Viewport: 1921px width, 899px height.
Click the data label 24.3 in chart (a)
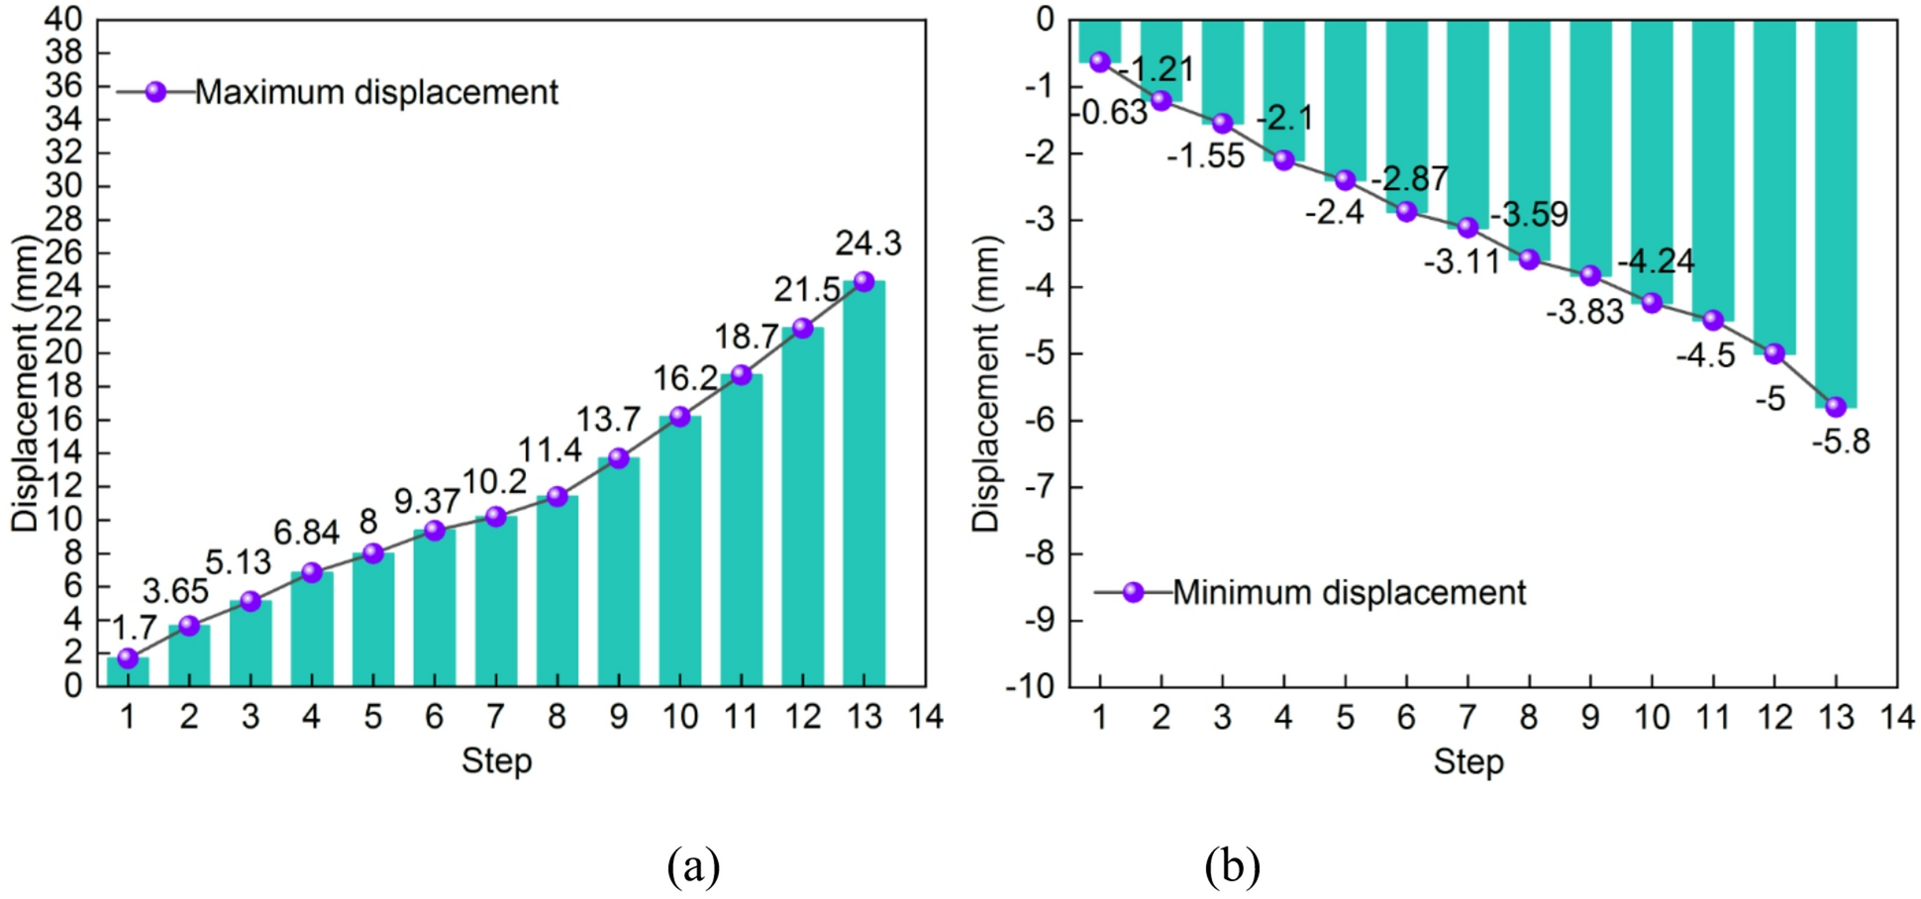pos(868,244)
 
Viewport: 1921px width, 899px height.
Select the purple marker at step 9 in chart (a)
pos(619,458)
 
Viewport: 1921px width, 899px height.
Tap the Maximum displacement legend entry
pos(375,92)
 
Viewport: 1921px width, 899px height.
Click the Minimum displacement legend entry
pos(1348,593)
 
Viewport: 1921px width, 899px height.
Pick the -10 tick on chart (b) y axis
pos(1030,686)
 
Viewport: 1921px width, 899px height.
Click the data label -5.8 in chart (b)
pos(1841,442)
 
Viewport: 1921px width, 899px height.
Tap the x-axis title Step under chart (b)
pos(1468,762)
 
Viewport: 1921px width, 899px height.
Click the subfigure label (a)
pos(693,866)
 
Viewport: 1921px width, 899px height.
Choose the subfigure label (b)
pos(1232,866)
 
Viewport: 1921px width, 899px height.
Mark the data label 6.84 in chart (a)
pos(307,534)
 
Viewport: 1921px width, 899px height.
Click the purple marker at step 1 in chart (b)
pos(1100,61)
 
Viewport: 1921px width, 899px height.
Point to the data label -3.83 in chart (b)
pos(1585,313)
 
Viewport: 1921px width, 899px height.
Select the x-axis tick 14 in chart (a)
pos(926,717)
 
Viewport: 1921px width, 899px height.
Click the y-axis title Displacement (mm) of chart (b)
pos(986,384)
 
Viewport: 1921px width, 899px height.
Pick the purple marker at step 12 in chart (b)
pos(1774,353)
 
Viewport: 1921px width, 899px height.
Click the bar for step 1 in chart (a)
pos(128,673)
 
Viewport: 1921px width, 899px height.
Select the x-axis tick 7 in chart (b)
pos(1467,717)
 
